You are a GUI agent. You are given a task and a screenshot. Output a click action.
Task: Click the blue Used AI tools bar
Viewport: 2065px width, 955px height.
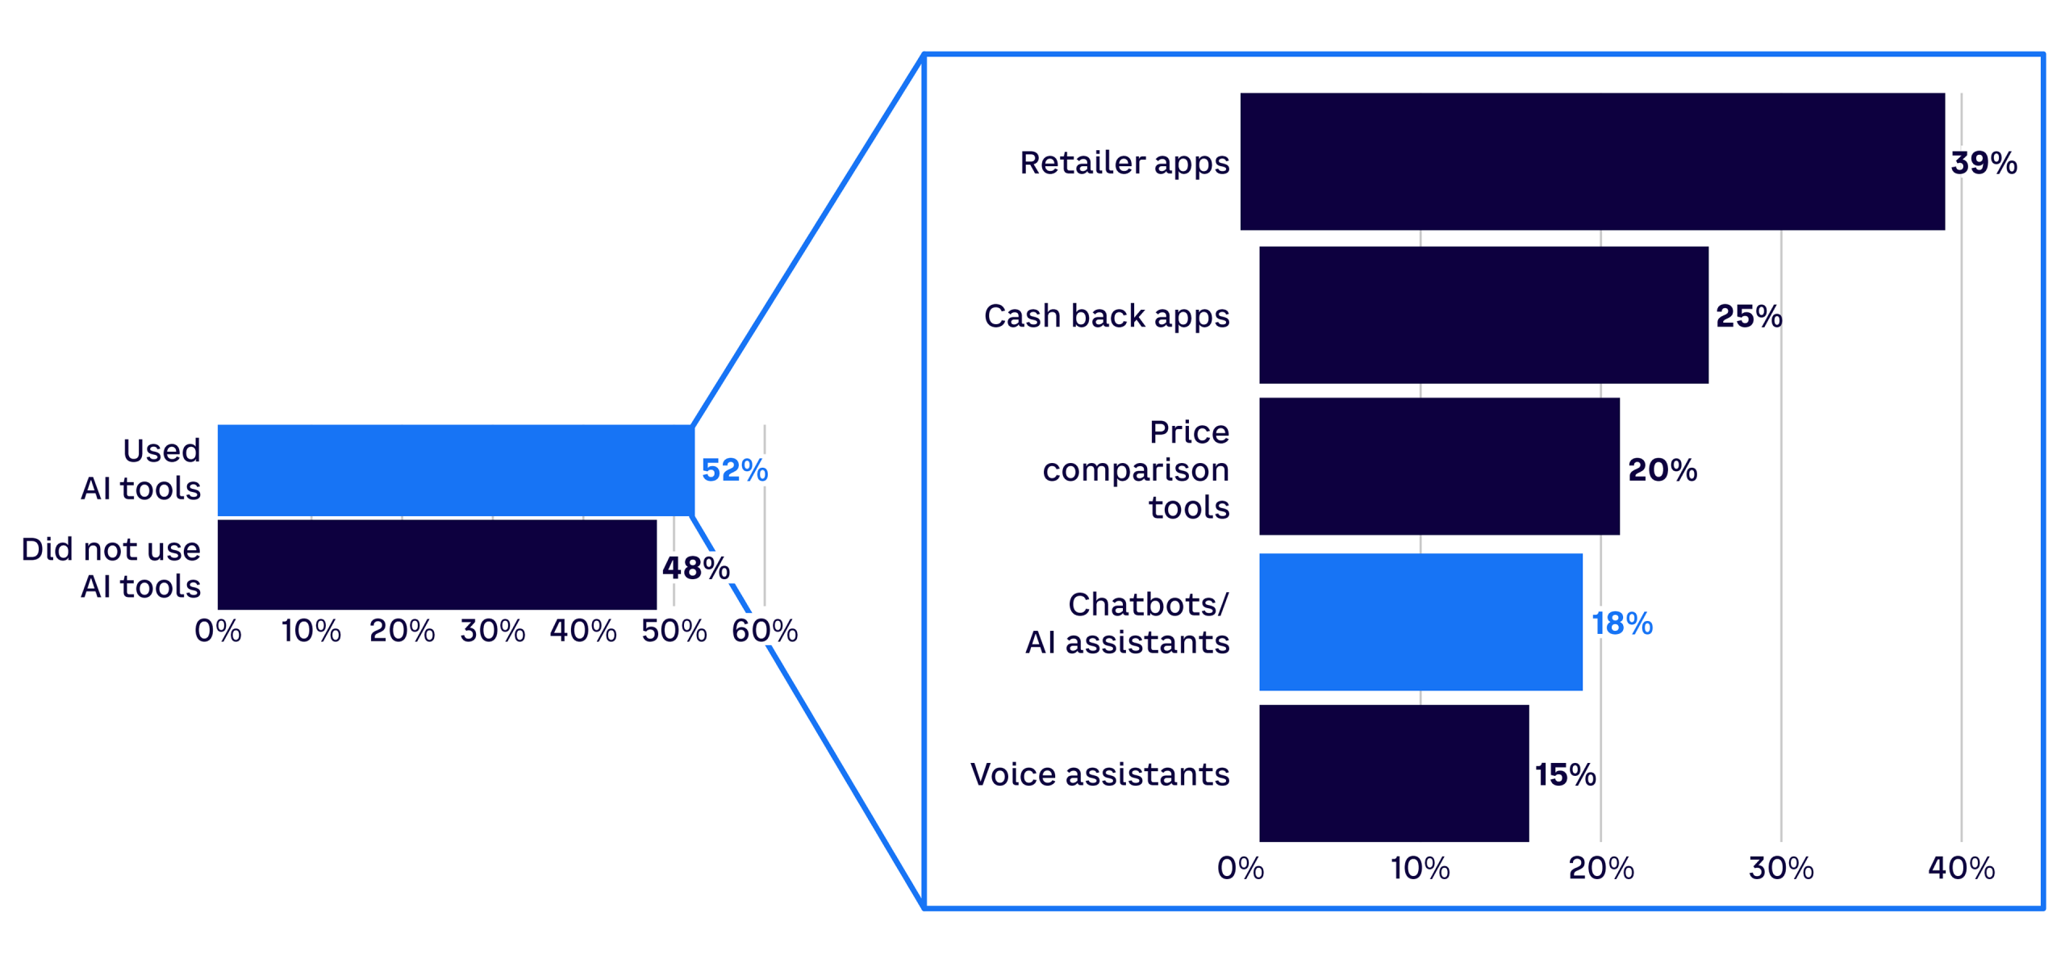click(x=456, y=469)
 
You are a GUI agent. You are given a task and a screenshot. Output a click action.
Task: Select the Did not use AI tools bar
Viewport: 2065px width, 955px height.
click(x=437, y=565)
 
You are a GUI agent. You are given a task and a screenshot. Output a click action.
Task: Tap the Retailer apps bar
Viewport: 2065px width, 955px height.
click(x=1592, y=161)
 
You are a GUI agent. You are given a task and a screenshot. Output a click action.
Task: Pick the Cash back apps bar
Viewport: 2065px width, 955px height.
click(x=1483, y=315)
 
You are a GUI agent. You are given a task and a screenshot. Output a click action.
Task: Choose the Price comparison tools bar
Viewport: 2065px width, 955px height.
click(x=1439, y=466)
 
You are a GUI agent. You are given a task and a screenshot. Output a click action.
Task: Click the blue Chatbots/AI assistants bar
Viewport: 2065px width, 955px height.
click(x=1420, y=622)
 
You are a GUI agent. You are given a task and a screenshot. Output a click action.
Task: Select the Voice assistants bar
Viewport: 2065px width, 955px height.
click(x=1394, y=774)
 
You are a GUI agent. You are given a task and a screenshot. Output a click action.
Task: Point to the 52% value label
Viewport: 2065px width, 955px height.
click(x=734, y=470)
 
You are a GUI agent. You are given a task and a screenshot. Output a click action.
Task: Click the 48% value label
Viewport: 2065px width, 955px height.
click(x=695, y=568)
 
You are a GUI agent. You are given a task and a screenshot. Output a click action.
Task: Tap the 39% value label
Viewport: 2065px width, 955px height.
click(x=1984, y=163)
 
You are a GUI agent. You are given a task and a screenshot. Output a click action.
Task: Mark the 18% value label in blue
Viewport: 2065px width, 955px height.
click(x=1621, y=623)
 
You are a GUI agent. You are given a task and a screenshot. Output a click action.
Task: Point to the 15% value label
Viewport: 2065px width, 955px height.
click(x=1565, y=774)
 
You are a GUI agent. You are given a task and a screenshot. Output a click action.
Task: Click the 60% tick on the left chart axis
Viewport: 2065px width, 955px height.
click(x=765, y=631)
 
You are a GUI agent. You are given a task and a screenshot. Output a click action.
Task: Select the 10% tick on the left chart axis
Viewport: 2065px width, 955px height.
click(x=311, y=631)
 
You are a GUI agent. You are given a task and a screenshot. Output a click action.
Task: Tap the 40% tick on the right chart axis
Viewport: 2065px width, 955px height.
click(x=1961, y=868)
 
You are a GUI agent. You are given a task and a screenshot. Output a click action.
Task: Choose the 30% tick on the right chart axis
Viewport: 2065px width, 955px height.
click(x=1781, y=868)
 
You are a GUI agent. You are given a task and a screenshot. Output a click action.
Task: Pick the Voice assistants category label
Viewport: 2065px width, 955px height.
click(x=1099, y=774)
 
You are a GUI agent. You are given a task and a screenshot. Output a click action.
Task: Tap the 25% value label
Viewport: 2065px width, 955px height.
click(x=1749, y=316)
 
